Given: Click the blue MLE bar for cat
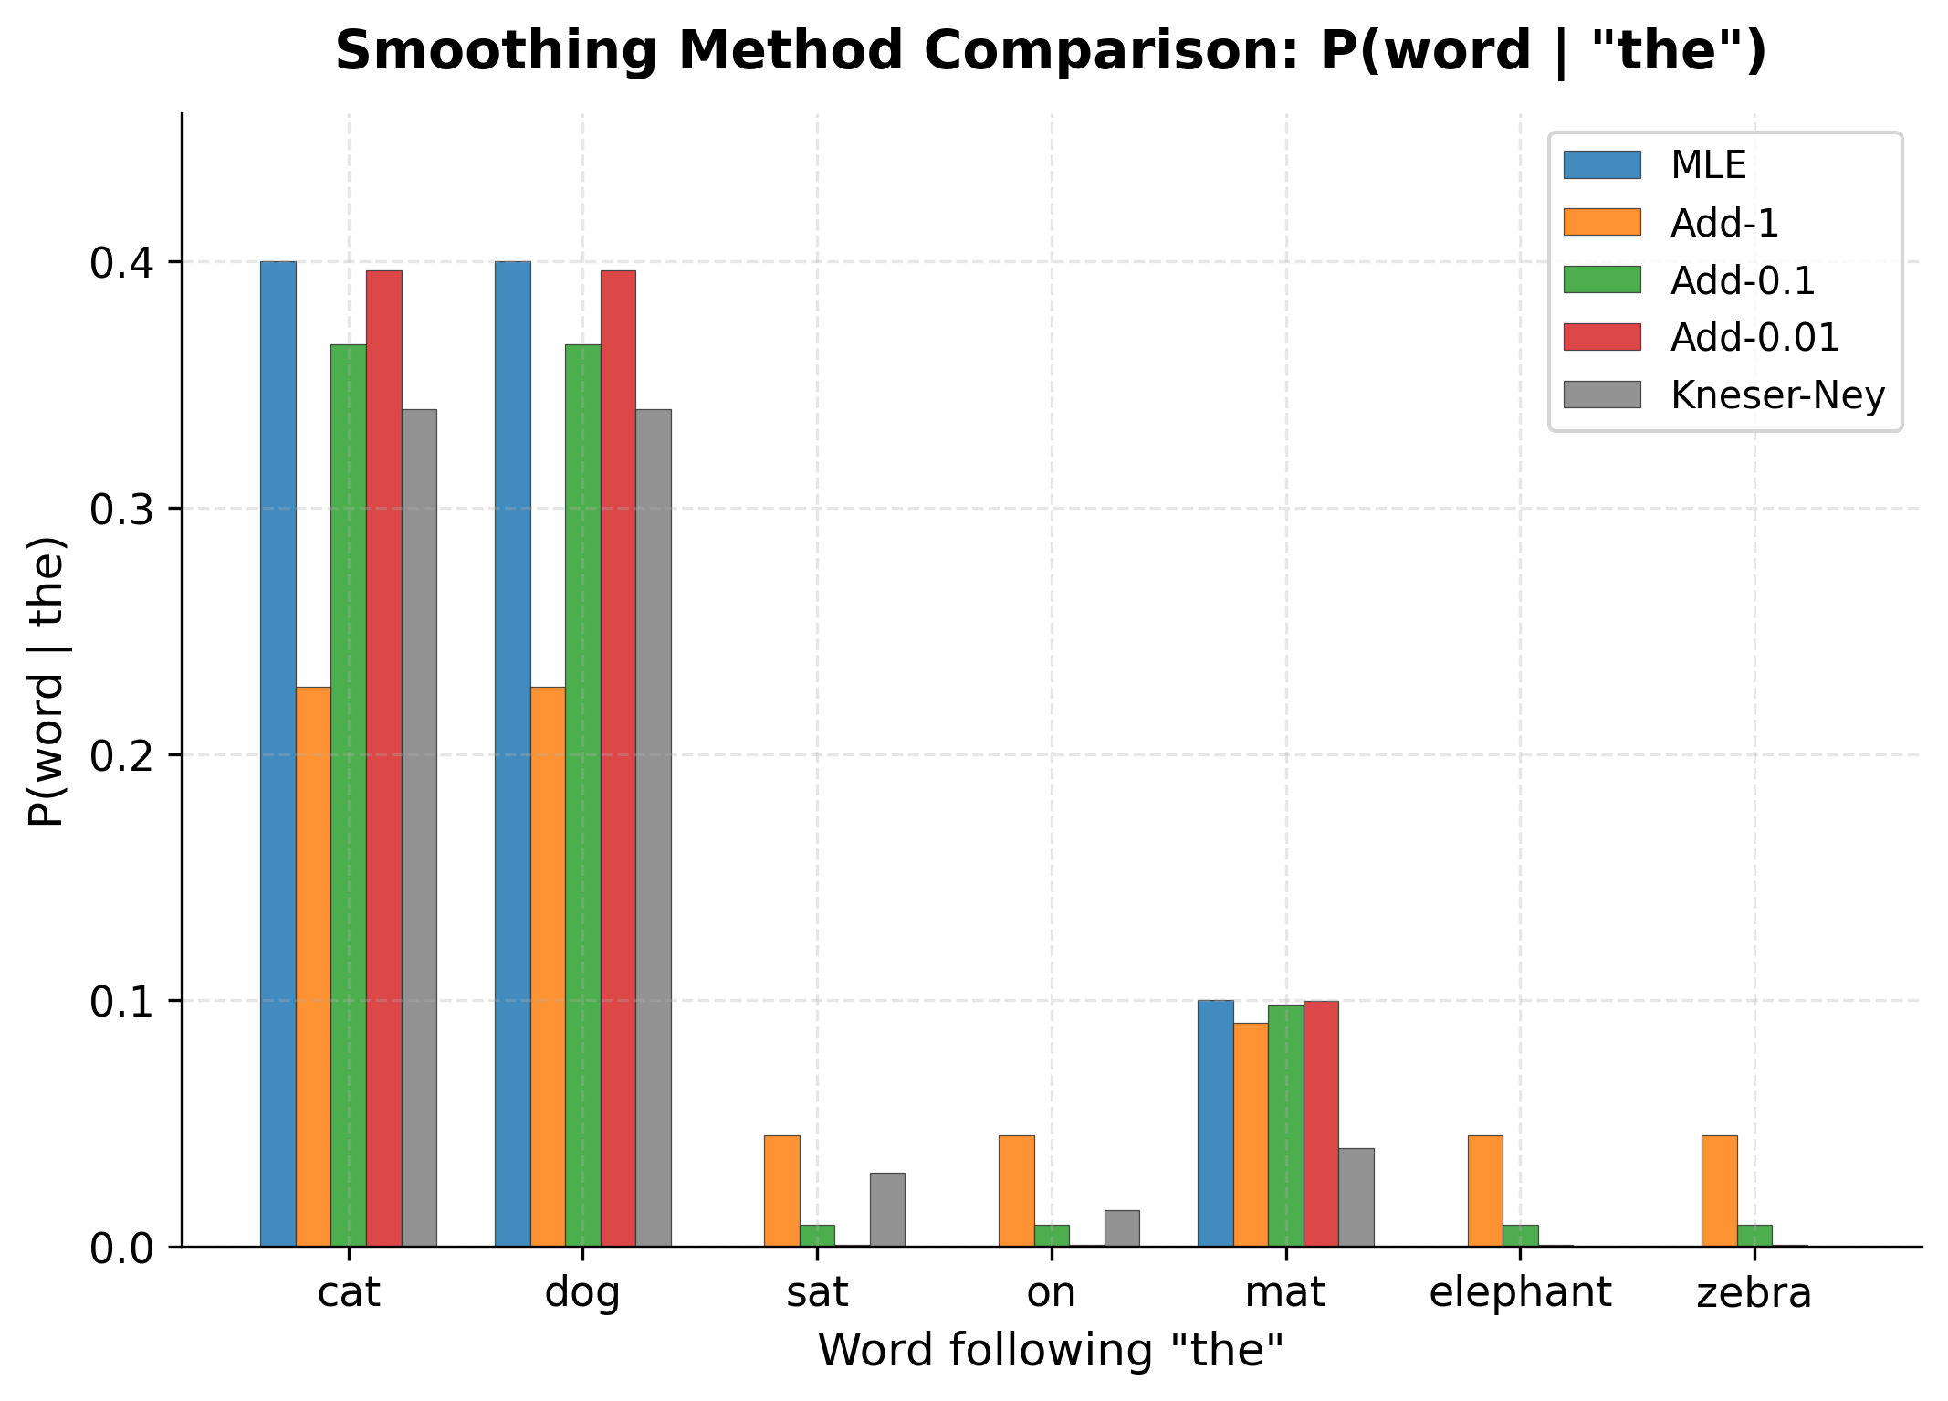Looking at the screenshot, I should pos(278,753).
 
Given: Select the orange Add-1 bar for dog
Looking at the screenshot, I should pos(548,966).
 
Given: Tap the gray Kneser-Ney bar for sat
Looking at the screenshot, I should pos(887,1210).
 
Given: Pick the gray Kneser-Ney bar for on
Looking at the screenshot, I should pos(1122,1228).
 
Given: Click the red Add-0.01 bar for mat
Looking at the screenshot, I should pos(1321,1123).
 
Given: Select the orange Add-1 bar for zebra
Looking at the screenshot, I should pos(1720,1191).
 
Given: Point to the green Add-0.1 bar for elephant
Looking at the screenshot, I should pos(1521,1236).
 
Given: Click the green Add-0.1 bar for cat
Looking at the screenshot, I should pos(349,795).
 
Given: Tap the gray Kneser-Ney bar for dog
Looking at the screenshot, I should pos(654,827).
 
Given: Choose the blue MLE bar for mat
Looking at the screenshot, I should pos(1215,1123).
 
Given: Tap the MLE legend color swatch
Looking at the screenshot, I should pos(1602,165).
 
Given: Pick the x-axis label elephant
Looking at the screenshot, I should pos(1520,1293).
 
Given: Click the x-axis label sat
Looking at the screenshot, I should pos(817,1293).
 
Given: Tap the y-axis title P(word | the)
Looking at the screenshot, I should pos(46,680).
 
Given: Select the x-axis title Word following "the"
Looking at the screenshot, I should pos(1051,1351).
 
